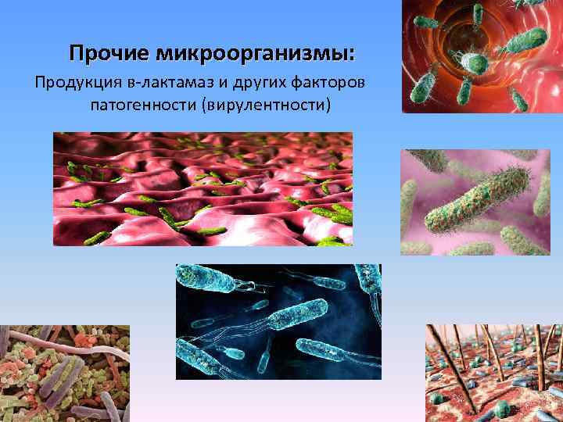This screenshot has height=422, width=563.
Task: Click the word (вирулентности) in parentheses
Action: click(x=267, y=103)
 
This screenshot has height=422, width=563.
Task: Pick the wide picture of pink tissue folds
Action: click(x=203, y=188)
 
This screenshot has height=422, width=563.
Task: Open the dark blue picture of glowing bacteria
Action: click(x=278, y=321)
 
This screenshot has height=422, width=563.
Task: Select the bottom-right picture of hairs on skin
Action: click(x=493, y=373)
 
